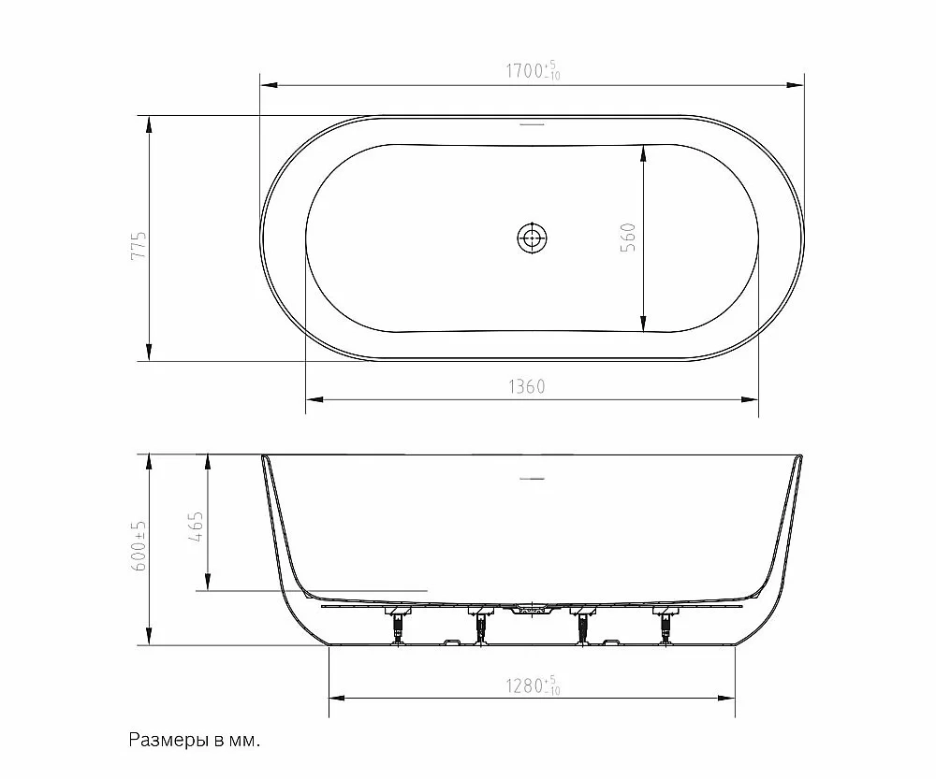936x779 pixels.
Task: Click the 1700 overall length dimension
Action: [534, 70]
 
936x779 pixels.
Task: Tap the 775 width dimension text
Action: [138, 245]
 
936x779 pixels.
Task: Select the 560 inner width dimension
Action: [628, 237]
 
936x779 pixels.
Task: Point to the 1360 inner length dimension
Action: [527, 387]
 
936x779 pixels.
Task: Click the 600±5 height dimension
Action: [138, 545]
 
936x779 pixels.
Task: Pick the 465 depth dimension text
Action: [196, 527]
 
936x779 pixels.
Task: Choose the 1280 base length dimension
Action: [534, 685]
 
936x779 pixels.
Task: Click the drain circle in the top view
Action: [532, 238]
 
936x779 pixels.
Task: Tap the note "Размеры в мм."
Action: [195, 741]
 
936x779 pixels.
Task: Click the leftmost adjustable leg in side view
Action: [396, 626]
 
